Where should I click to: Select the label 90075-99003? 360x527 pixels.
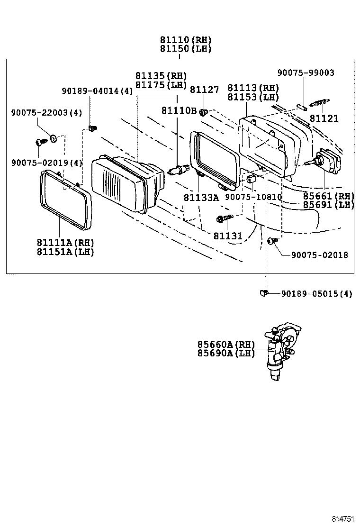tap(306, 73)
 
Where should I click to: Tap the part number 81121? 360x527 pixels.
tap(324, 118)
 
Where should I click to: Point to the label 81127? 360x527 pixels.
tap(205, 90)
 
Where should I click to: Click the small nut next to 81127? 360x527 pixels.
tap(204, 112)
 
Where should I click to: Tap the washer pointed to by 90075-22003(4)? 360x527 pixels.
tap(54, 138)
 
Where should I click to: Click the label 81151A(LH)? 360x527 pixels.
tap(65, 252)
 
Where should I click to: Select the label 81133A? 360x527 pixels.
tap(201, 198)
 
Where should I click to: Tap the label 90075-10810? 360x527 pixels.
tap(253, 197)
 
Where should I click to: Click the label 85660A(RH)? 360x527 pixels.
tap(226, 345)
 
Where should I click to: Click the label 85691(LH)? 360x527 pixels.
tap(329, 205)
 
